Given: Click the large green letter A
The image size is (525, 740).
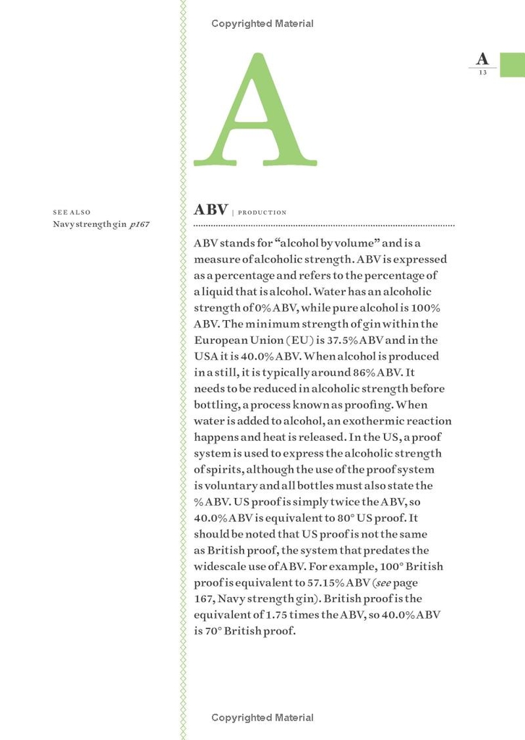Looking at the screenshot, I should click(x=255, y=112).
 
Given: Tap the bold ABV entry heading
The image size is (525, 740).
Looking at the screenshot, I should click(x=210, y=210).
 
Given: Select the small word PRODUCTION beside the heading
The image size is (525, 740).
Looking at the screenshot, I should click(x=262, y=212).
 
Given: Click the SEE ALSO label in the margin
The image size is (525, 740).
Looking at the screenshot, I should click(x=72, y=212).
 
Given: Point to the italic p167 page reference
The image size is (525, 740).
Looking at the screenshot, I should click(x=139, y=225).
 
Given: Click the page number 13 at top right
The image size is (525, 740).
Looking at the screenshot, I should click(x=482, y=72).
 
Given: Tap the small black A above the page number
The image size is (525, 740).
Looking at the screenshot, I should click(x=482, y=59).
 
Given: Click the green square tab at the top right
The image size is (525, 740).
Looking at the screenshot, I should click(x=512, y=64).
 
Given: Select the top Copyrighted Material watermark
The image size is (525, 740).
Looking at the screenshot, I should click(x=262, y=24).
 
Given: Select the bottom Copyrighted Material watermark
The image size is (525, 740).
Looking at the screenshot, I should click(x=262, y=718).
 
